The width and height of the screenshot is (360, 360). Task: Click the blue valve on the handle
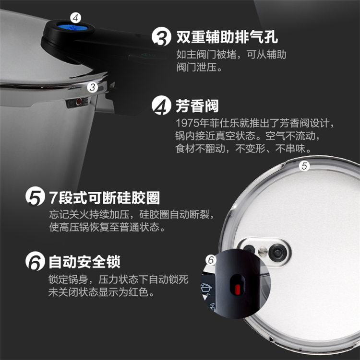(72, 27)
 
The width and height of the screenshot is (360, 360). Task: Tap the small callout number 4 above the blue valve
(76, 18)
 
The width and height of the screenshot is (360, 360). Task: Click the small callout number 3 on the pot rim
(93, 87)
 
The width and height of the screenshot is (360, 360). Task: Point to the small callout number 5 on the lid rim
(304, 166)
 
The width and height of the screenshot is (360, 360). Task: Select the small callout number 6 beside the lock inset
(211, 260)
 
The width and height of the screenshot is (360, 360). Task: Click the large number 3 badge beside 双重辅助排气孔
(161, 36)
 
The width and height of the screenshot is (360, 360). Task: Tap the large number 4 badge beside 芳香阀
(161, 105)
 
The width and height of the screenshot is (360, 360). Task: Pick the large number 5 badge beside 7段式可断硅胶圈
(35, 196)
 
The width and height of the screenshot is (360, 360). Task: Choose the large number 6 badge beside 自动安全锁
(35, 261)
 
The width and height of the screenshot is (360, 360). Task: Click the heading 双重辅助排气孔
(227, 37)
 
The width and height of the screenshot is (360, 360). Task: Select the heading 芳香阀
(197, 106)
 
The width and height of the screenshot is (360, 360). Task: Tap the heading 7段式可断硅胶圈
(104, 197)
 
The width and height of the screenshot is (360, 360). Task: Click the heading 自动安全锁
(84, 262)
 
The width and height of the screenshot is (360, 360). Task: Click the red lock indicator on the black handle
(238, 289)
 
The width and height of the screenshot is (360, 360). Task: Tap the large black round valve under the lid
(278, 253)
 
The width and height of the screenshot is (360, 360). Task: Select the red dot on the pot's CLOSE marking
(79, 102)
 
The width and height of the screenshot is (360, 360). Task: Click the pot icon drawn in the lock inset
(206, 288)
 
